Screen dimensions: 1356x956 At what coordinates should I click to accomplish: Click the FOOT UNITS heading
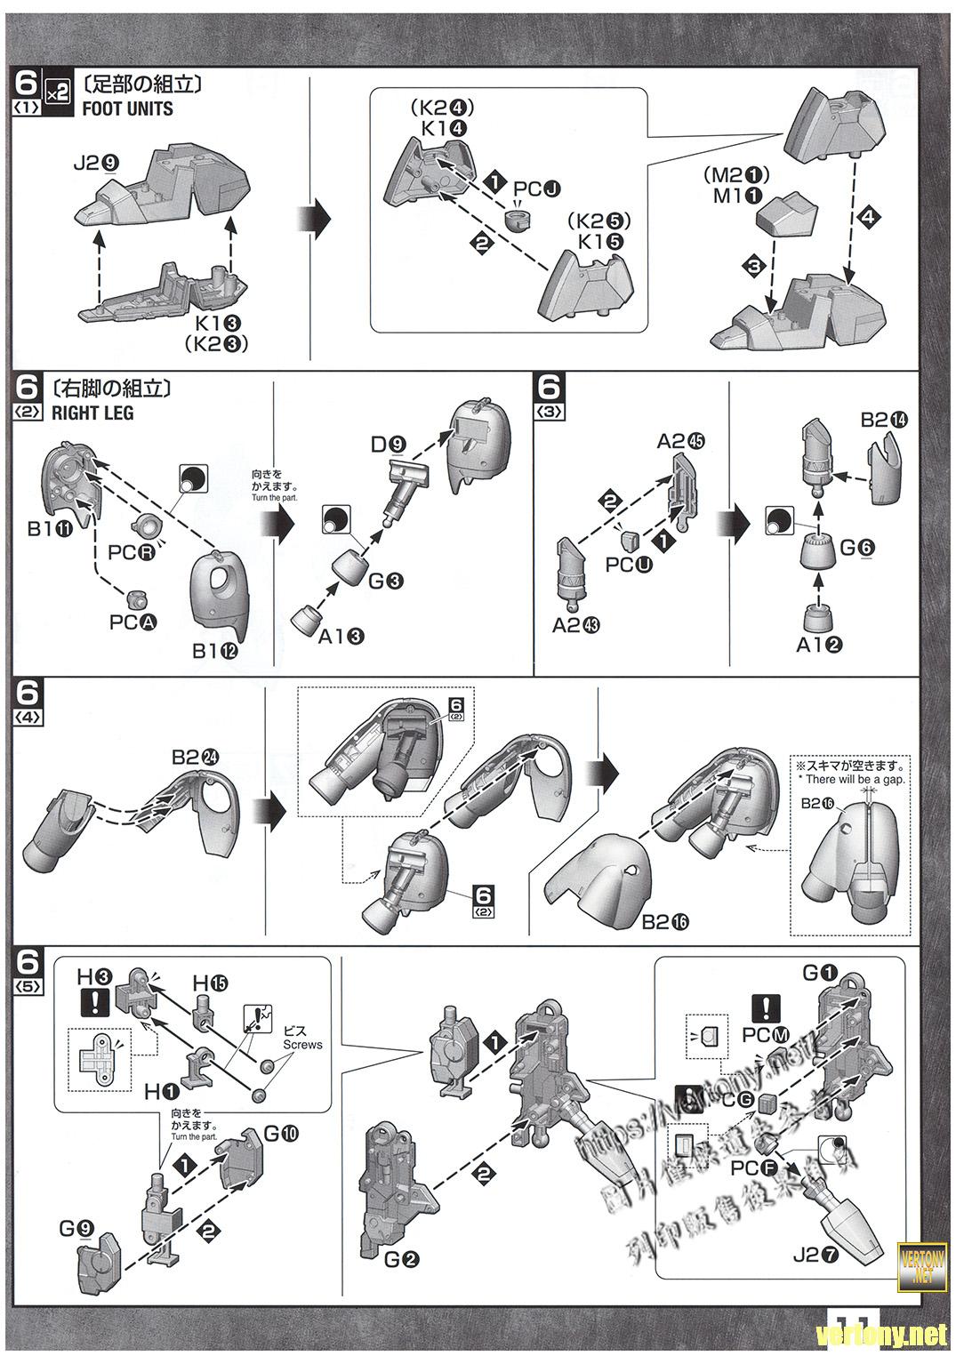pos(127,109)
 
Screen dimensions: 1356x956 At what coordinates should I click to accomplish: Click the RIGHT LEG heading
pos(92,413)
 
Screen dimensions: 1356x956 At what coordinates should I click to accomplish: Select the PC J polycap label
pos(538,189)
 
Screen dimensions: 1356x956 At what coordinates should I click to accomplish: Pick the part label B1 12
pos(215,651)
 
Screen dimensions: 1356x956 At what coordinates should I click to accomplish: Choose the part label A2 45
pos(680,441)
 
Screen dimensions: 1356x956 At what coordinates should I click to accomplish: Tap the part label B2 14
pos(885,419)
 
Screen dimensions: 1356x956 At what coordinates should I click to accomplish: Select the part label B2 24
pos(195,758)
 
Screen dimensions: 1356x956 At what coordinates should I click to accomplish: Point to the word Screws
pos(302,1045)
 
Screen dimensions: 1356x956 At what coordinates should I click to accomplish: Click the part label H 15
pos(210,983)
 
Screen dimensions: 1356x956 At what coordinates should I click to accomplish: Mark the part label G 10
pos(281,1134)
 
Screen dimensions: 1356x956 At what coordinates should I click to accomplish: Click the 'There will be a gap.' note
pos(856,780)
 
